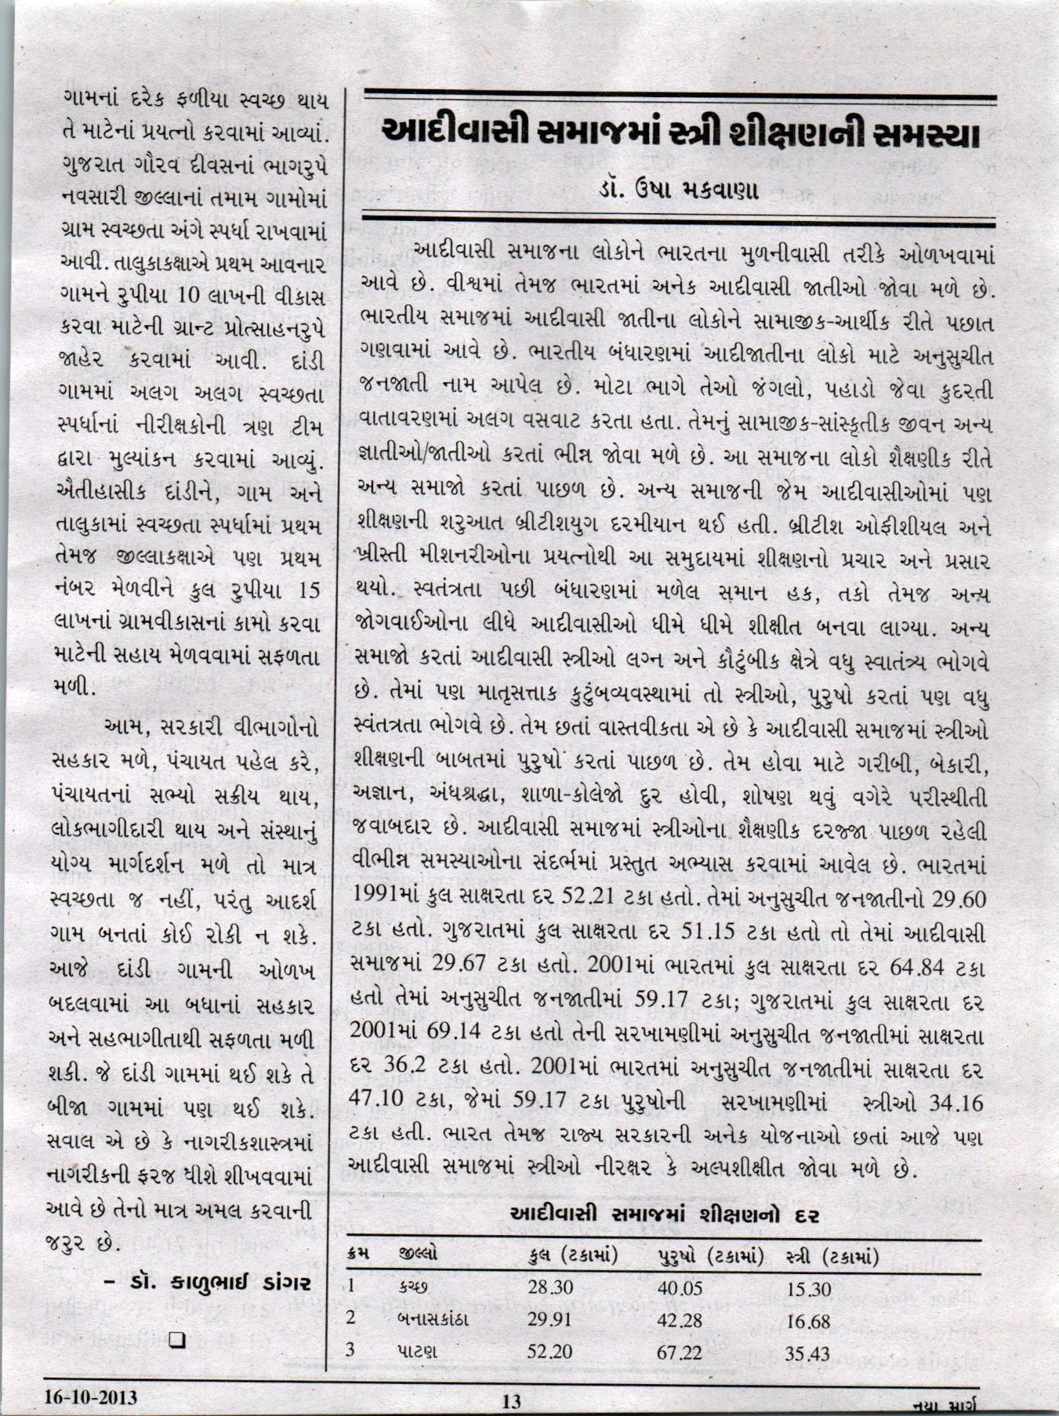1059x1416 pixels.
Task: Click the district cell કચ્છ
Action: [413, 1287]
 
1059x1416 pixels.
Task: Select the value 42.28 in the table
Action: [679, 1320]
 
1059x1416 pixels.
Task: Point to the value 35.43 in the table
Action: [808, 1353]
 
